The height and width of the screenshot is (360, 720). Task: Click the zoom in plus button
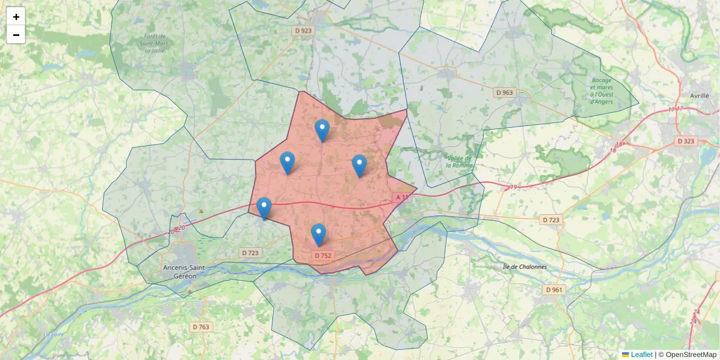[x=16, y=17]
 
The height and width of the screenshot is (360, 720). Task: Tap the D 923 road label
[x=304, y=30]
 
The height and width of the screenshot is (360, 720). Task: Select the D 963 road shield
[x=505, y=92]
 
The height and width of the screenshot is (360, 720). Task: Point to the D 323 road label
[x=685, y=141]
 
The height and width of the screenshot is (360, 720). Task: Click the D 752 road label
[x=322, y=256]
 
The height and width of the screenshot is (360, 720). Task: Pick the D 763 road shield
[x=201, y=327]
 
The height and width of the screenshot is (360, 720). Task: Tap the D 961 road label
[x=554, y=290]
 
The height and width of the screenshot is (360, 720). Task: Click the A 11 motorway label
[x=402, y=197]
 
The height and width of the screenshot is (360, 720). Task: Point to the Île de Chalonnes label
[x=524, y=266]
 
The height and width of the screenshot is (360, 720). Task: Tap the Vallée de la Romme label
[x=459, y=162]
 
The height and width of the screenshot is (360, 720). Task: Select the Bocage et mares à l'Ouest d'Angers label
[x=601, y=91]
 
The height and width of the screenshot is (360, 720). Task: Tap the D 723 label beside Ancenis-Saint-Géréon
[x=250, y=253]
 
